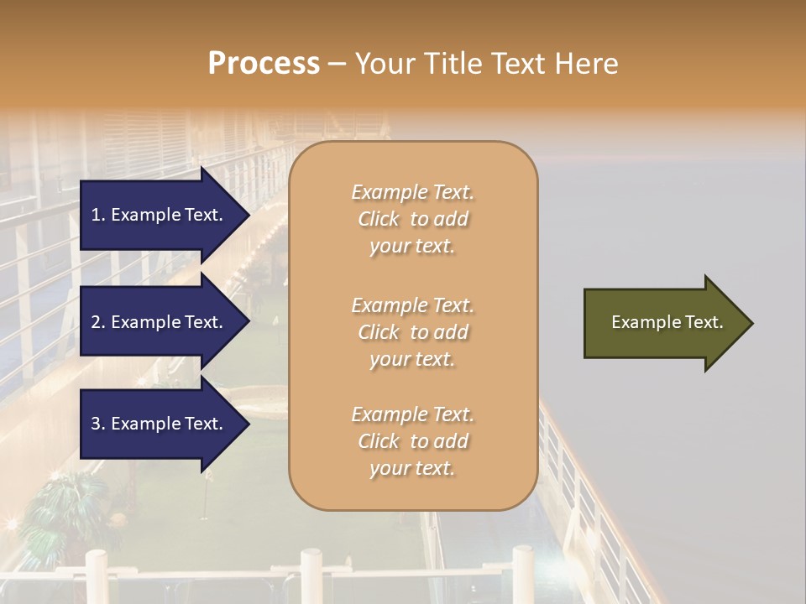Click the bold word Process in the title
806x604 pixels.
(264, 64)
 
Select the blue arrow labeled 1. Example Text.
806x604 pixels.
(160, 215)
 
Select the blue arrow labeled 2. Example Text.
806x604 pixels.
(160, 322)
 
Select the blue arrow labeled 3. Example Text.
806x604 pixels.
(160, 424)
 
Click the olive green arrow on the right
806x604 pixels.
(663, 323)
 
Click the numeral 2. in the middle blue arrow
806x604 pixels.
(98, 322)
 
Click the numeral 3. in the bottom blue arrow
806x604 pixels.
(98, 424)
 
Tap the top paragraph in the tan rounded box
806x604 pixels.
(412, 219)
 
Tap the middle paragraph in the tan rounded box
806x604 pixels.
(412, 332)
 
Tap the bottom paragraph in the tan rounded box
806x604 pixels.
(412, 441)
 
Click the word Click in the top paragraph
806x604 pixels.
(379, 219)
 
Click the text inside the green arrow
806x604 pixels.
(667, 322)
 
